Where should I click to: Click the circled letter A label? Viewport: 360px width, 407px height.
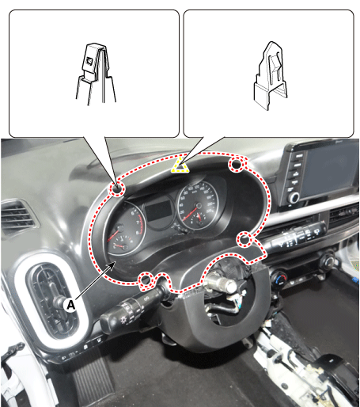(x=70, y=305)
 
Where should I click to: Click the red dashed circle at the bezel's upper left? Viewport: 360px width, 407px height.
(x=117, y=188)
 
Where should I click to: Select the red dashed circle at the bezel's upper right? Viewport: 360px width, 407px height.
(x=237, y=164)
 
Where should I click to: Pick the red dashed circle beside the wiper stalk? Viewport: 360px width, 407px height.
(x=244, y=239)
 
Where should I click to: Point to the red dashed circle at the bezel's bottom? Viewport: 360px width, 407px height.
(x=146, y=280)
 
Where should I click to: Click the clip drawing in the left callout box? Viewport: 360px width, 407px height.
(x=97, y=73)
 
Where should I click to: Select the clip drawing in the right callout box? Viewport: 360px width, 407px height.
(x=271, y=75)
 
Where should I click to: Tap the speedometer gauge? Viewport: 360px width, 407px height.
(x=197, y=204)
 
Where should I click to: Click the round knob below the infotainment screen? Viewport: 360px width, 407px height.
(x=294, y=197)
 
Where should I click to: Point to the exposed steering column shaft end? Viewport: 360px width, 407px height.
(x=222, y=283)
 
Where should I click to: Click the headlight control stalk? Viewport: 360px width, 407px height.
(x=130, y=311)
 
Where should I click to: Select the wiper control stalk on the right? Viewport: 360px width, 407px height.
(x=295, y=237)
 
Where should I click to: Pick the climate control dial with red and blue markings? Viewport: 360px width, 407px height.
(x=280, y=278)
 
